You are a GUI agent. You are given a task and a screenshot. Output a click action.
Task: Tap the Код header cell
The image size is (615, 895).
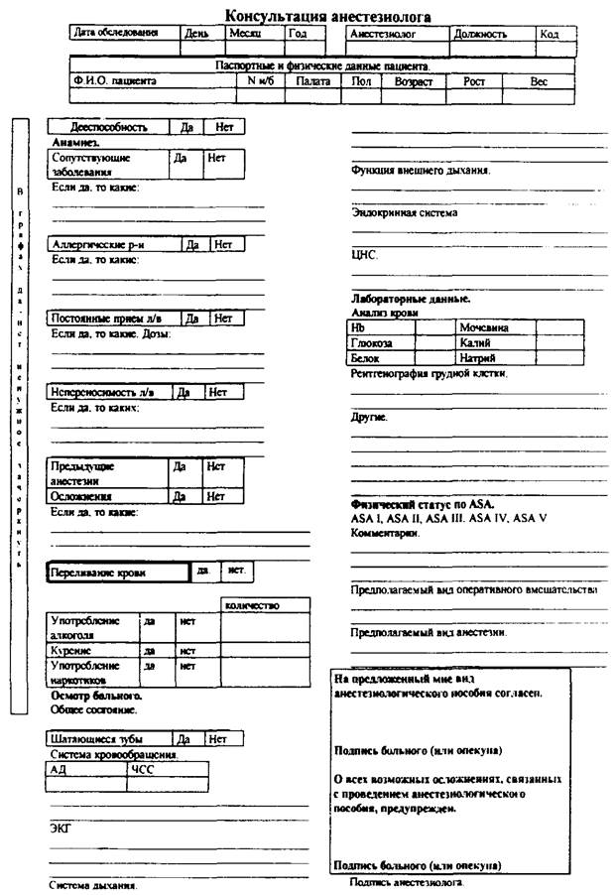click(x=550, y=33)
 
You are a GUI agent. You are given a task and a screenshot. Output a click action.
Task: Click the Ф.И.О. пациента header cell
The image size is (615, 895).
click(x=113, y=81)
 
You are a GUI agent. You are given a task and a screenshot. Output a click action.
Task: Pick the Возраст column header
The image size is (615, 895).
click(x=414, y=81)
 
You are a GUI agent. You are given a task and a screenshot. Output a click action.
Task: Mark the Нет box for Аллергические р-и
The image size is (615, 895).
click(x=223, y=244)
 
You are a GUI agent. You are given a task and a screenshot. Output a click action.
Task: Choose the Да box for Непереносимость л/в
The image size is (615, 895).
click(x=184, y=392)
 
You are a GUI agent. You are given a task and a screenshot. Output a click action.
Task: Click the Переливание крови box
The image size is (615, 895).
click(x=117, y=573)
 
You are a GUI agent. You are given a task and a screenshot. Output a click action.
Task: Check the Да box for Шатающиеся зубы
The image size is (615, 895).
click(x=184, y=738)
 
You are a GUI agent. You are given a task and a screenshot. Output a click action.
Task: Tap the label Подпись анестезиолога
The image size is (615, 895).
click(x=406, y=882)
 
